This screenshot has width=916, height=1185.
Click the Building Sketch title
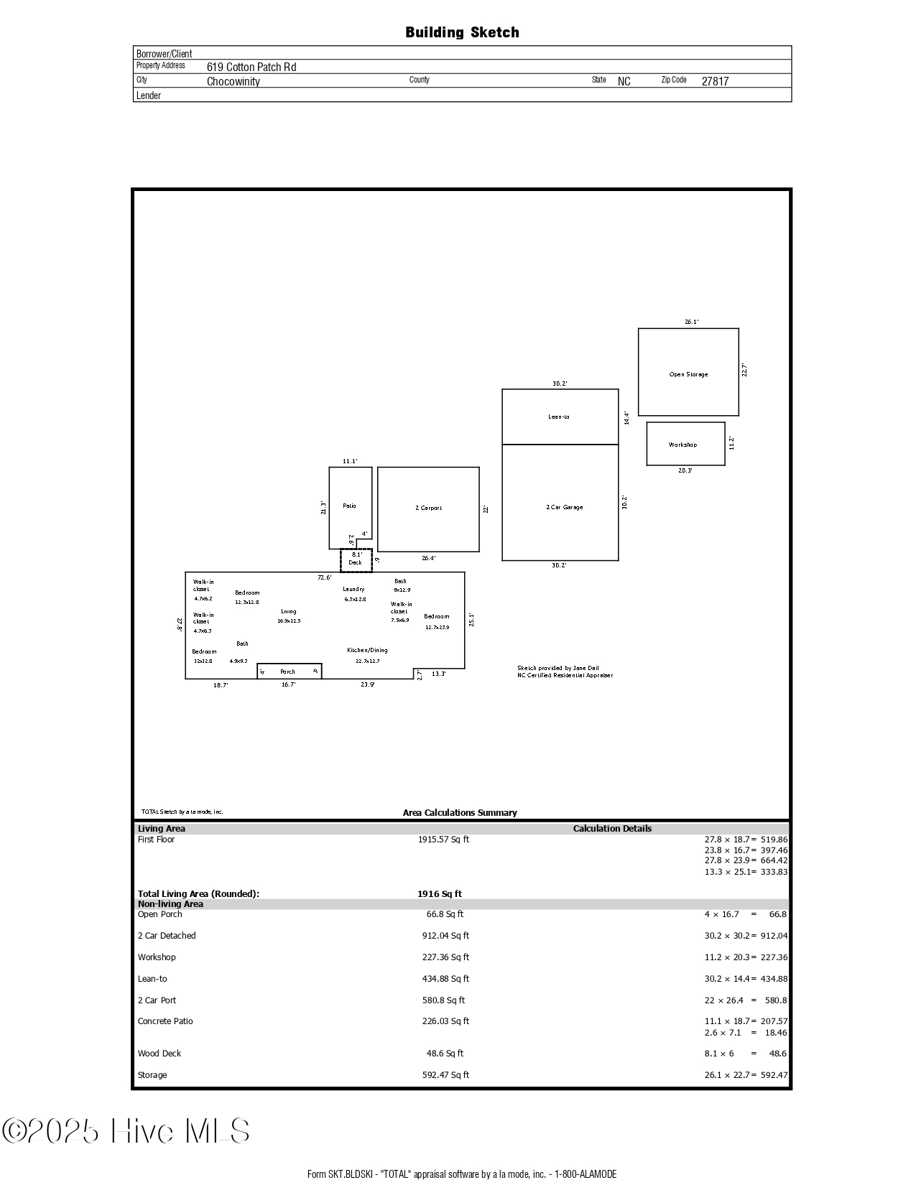(462, 32)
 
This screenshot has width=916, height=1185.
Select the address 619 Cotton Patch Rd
(251, 67)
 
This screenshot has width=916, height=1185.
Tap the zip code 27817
(715, 81)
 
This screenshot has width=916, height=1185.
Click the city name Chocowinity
(233, 81)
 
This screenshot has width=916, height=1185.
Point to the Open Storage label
(688, 374)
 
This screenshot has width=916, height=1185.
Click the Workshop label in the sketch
(683, 445)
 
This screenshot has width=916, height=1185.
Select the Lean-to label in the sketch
(558, 417)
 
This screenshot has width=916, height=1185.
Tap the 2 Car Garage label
(564, 507)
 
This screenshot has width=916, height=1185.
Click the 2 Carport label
(428, 508)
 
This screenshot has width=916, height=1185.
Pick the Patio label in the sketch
(349, 506)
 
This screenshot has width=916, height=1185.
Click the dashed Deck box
(356, 559)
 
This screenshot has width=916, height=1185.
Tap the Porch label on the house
(287, 671)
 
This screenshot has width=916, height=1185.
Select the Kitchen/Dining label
(367, 650)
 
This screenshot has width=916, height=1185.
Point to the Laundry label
(353, 589)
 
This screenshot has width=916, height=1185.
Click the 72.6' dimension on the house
(325, 577)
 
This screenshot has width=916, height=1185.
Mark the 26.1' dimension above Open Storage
(691, 322)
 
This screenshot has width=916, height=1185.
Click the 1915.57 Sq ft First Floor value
(443, 839)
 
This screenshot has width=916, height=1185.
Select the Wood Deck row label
(159, 1054)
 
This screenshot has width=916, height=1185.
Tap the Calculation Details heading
(612, 828)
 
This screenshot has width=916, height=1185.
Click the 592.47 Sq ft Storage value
(445, 1075)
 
